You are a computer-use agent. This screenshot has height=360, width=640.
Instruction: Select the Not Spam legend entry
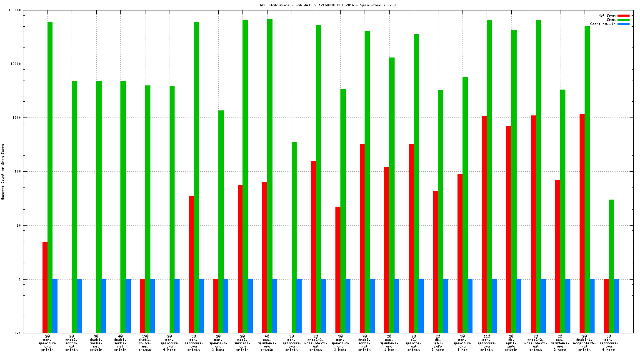coord(607,15)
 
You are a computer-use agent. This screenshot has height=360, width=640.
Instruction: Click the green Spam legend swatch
coord(623,20)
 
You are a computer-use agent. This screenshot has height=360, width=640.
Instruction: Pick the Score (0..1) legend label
coord(602,24)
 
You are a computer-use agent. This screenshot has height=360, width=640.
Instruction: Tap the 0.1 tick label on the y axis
coord(18,333)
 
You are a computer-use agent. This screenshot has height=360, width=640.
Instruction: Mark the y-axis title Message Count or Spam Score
coord(3,172)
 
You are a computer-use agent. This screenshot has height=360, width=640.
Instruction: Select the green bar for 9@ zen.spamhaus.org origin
coord(294,237)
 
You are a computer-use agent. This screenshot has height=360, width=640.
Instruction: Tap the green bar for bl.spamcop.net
coord(416,183)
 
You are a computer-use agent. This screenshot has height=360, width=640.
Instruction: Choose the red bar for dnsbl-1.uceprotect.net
coord(582,223)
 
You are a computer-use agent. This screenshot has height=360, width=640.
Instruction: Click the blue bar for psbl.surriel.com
coord(250,306)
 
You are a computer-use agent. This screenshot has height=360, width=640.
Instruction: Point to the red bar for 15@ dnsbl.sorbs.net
coord(142,306)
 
